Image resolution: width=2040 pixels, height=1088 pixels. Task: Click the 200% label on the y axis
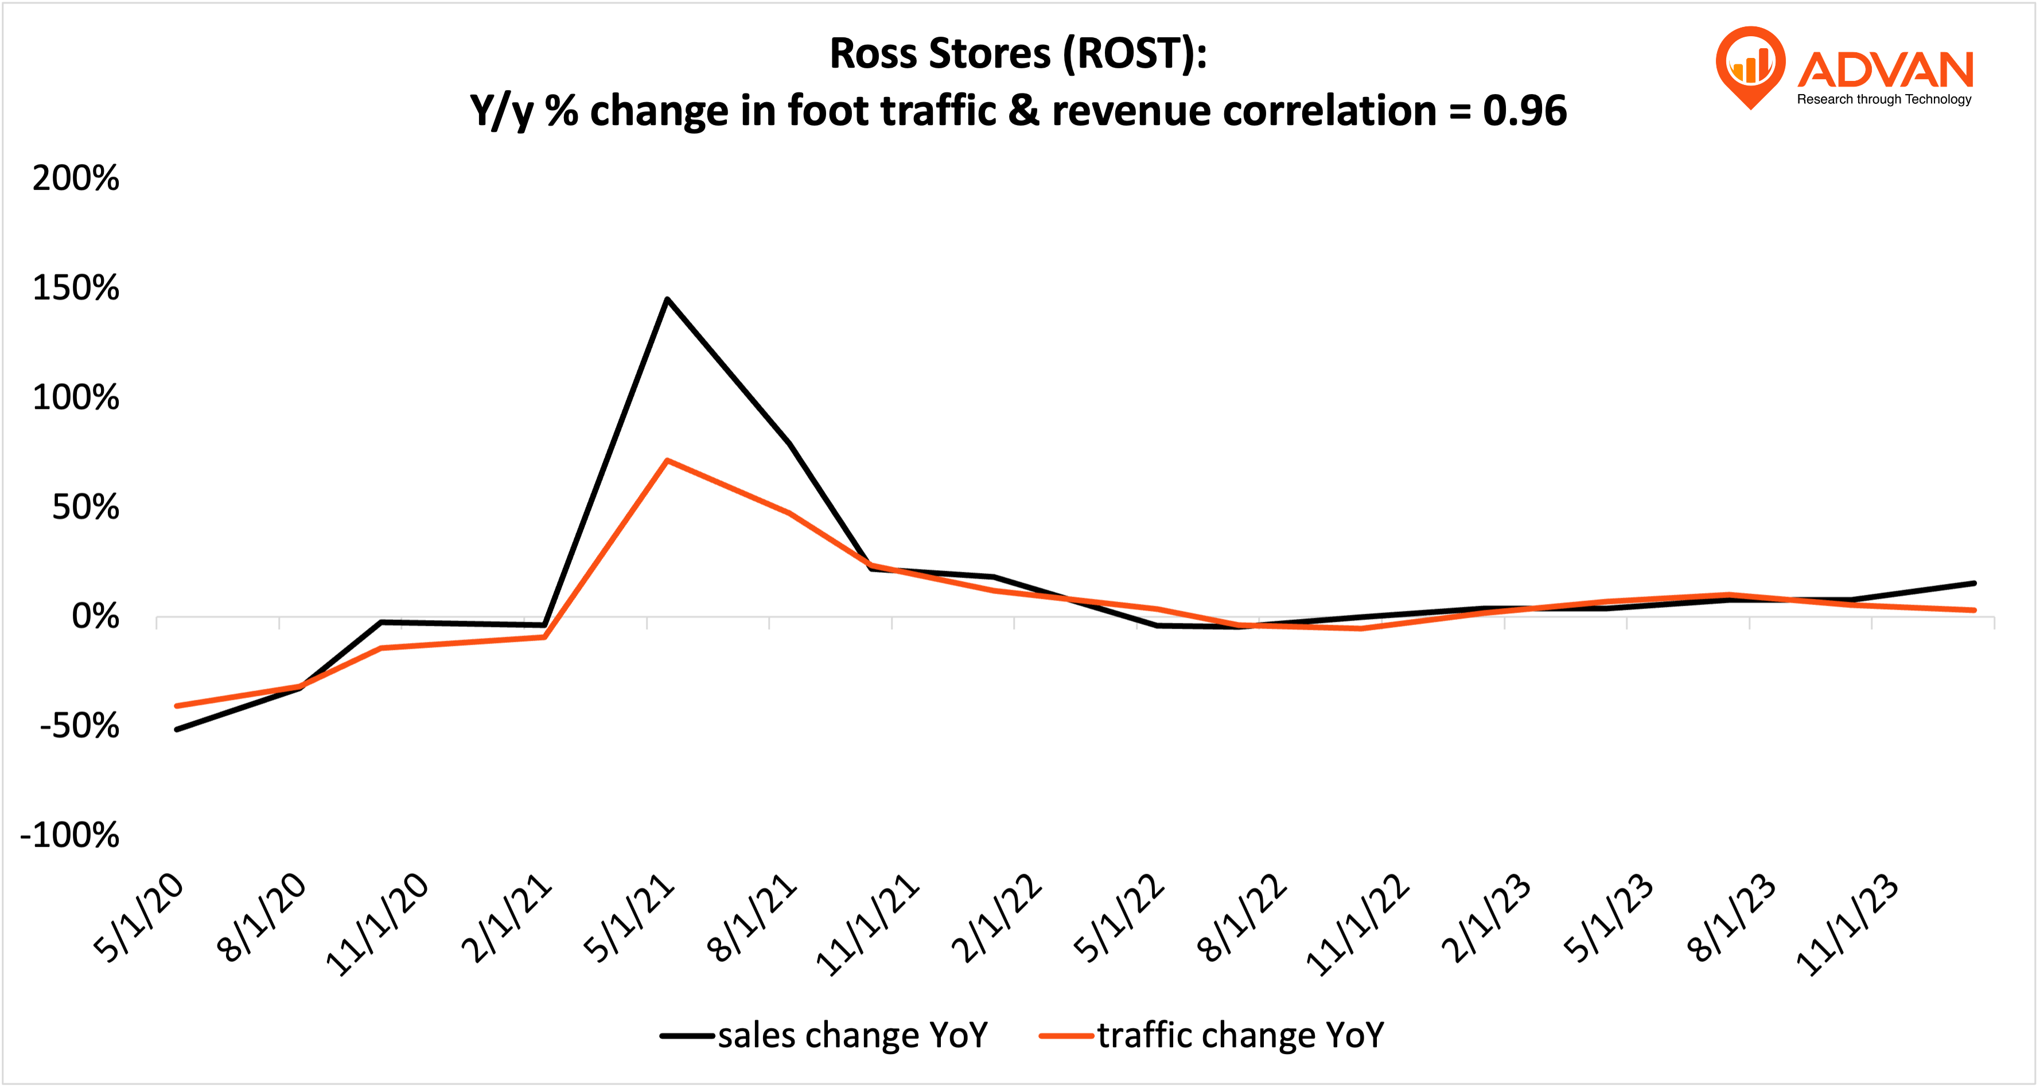point(76,178)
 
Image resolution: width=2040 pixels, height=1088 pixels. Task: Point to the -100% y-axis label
point(69,836)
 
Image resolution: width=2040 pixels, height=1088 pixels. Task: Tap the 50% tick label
point(85,507)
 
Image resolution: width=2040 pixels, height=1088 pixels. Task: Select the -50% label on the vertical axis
point(79,726)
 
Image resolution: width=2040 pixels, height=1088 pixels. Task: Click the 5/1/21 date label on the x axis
point(629,919)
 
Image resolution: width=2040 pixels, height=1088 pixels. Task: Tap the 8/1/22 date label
point(1242,919)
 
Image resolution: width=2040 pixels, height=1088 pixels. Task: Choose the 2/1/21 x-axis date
point(507,919)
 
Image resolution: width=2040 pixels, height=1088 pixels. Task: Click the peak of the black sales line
point(668,299)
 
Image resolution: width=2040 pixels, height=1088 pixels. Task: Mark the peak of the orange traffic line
point(668,460)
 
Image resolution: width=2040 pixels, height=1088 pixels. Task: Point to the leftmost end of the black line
point(177,730)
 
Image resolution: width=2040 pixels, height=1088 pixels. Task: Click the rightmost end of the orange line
point(1974,610)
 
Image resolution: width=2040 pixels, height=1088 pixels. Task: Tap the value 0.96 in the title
point(1524,111)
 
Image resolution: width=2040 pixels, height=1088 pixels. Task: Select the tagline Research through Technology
point(1884,100)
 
